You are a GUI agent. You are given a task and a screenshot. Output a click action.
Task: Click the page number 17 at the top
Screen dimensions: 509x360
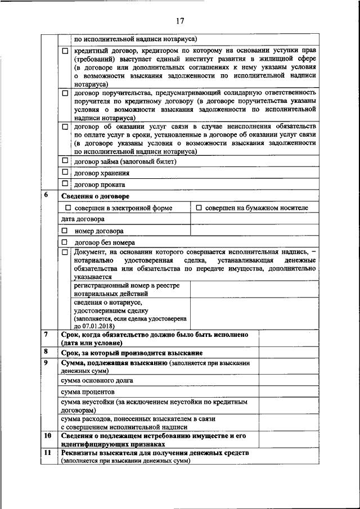pos(180,22)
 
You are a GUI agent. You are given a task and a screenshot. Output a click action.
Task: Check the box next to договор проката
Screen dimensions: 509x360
pos(65,183)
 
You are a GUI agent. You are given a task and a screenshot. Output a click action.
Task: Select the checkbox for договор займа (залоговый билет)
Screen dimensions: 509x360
pos(65,161)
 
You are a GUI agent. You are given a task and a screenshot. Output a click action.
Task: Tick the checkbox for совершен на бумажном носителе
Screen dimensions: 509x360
pos(199,208)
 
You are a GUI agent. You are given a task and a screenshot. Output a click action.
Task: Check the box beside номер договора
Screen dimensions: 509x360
pos(65,231)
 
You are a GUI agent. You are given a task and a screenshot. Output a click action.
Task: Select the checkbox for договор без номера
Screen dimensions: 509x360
pos(65,242)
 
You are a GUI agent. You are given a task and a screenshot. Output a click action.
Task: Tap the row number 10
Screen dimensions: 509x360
pos(48,436)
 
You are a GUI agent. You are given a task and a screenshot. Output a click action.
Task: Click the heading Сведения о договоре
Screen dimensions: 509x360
pos(95,196)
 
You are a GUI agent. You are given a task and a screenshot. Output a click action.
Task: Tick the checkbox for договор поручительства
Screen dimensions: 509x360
pos(65,92)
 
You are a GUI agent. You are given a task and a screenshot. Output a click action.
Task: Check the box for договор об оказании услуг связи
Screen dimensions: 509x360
pos(65,127)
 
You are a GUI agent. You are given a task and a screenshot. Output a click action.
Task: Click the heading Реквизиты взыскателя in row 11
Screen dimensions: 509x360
pos(155,453)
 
